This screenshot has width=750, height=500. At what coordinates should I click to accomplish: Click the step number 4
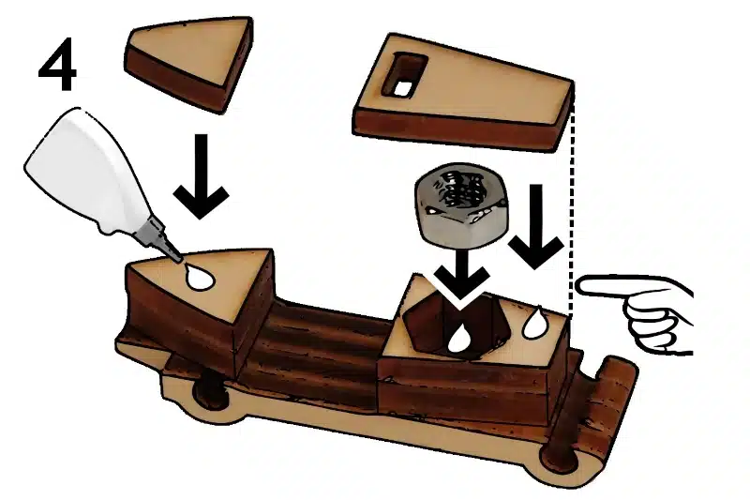coord(57,65)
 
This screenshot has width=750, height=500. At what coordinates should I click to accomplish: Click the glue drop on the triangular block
coord(199,278)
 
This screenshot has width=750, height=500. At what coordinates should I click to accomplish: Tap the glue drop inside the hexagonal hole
coord(459,339)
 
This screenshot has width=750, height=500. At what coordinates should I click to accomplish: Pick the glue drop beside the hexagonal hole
coord(534,324)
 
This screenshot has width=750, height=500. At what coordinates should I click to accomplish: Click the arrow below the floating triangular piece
coord(202,176)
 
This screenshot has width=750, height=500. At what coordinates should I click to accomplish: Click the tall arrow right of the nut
coord(535,226)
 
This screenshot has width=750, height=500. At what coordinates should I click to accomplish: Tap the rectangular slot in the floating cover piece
coord(403,77)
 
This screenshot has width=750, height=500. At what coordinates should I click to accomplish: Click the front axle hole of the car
coord(209,392)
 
